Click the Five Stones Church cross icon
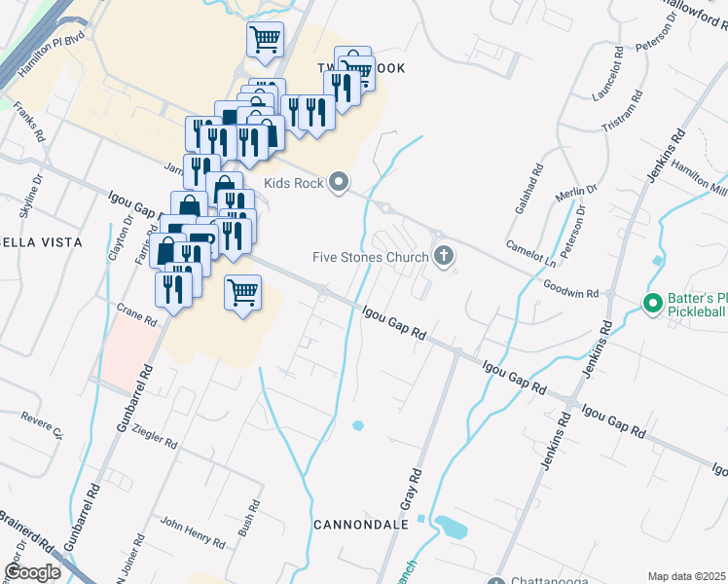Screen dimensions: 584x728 coord(445,257)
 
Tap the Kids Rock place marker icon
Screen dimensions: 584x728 coord(339,181)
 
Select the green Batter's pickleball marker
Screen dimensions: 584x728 coord(652,304)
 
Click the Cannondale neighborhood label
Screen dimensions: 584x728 coord(360,525)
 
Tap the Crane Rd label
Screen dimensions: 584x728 coord(136,317)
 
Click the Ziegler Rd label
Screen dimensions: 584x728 coord(153,435)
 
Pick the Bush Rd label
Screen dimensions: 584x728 coord(247,519)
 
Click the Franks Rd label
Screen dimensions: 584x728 coord(30,124)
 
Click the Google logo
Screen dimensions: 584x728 coord(33,571)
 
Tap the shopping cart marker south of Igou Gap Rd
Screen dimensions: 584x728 coord(242,291)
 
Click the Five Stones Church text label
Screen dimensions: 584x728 coord(370,258)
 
